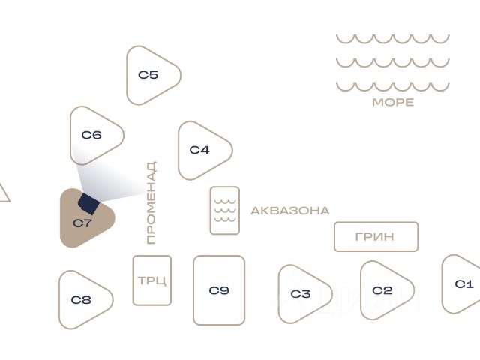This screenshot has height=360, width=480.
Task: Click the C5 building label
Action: click(x=148, y=75)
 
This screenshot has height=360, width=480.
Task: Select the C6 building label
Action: click(x=91, y=135)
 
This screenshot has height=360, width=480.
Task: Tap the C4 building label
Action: click(x=199, y=150)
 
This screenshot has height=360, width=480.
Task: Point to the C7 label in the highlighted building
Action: click(x=82, y=223)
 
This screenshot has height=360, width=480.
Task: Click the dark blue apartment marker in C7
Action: click(x=89, y=203)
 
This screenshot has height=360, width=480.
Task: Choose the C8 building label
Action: click(x=81, y=300)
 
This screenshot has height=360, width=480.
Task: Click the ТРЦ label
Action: click(x=152, y=280)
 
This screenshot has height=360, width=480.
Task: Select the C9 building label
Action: click(x=219, y=290)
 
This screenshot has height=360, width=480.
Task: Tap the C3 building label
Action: click(x=301, y=294)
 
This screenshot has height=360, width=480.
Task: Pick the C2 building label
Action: click(x=382, y=290)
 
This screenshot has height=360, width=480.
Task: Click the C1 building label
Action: click(x=464, y=284)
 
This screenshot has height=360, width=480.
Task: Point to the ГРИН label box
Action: click(x=376, y=237)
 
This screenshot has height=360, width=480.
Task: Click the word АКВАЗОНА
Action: click(x=290, y=211)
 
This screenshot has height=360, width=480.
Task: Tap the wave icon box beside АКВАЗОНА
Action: click(x=225, y=211)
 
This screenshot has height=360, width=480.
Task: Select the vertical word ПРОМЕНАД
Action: click(x=151, y=202)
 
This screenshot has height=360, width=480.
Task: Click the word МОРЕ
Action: click(x=393, y=102)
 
